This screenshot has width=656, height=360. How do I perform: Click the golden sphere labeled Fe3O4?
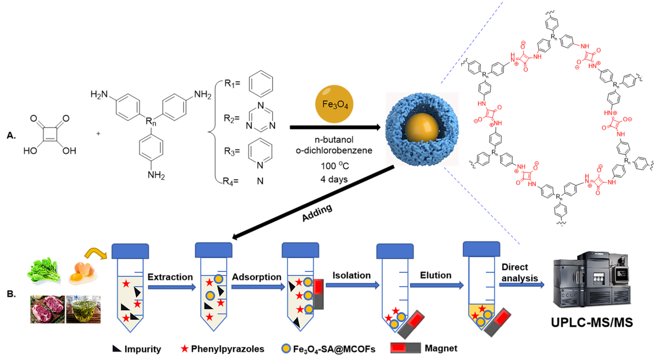334,104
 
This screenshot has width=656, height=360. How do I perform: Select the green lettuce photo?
43,271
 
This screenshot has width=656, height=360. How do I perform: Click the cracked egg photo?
83,272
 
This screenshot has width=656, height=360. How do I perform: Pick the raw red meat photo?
47,309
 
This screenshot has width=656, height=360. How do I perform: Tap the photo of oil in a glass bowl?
83,310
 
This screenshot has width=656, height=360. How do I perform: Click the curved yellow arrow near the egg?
95,253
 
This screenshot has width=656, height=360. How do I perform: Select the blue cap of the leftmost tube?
130,251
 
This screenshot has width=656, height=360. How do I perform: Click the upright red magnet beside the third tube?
318,294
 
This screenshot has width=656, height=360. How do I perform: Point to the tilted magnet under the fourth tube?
412,324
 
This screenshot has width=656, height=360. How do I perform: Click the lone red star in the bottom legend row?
185,349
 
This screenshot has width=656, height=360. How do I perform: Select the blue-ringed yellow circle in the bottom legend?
286,348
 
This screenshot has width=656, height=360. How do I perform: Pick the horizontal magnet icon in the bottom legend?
405,348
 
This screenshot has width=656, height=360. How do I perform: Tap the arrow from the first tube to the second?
171,287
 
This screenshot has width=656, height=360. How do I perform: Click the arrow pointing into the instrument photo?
521,284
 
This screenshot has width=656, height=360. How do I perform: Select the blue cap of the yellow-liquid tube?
481,249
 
